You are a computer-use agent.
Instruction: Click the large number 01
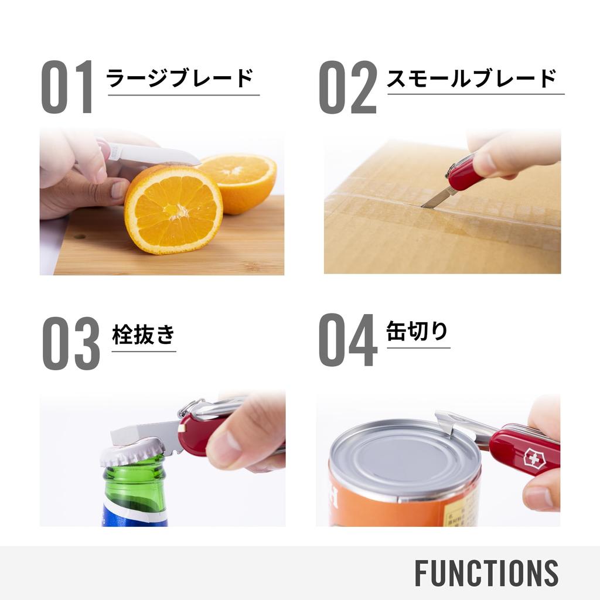67,87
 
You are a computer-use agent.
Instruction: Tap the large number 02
347,87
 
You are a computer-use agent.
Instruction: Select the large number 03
71,343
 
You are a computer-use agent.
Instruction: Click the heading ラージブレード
180,78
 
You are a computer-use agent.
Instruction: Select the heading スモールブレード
471,78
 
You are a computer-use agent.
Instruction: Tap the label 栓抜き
144,335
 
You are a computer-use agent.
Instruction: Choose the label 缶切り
417,332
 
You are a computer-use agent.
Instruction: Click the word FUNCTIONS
486,573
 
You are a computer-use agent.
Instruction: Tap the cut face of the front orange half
173,209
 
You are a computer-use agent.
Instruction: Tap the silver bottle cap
132,452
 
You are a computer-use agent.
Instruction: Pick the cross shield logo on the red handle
533,458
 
